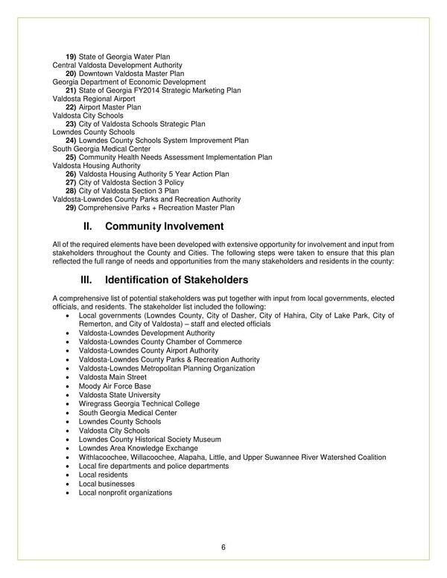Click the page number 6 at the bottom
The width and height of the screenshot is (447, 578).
point(223,548)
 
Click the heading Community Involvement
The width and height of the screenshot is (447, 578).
point(164,225)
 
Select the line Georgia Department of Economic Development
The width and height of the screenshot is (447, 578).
point(129,82)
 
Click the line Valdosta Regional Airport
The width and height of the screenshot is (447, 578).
point(94,99)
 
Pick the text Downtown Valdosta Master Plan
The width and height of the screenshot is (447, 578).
point(131,74)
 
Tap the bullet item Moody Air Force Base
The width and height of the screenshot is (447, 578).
point(115,386)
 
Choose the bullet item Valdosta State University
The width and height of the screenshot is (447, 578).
point(119,395)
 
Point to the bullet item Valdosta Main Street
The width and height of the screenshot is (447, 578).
point(112,377)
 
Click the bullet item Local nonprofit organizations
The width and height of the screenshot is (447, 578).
point(125,492)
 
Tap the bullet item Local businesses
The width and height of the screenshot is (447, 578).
point(107,484)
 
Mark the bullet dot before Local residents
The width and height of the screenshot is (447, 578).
point(68,475)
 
